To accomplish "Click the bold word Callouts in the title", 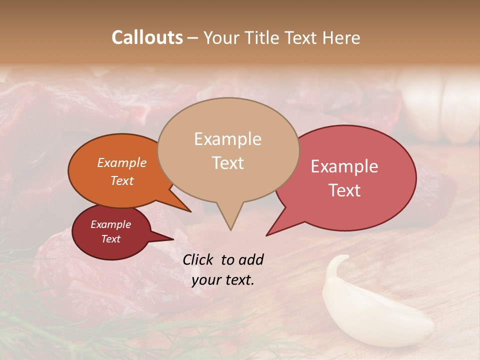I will [x=147, y=37].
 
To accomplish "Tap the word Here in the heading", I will [x=340, y=37].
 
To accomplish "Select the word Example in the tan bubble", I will [x=227, y=139].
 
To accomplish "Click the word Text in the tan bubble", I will [x=227, y=162].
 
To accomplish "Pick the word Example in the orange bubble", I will [x=121, y=162].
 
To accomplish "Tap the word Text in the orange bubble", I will [x=121, y=180].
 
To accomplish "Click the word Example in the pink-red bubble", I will [x=344, y=166].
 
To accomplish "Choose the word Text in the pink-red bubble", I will [x=344, y=190].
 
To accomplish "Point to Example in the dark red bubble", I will [x=110, y=224].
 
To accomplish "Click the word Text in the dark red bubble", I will [x=110, y=239].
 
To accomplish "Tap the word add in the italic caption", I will [x=251, y=259].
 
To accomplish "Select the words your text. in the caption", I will [x=222, y=280].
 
